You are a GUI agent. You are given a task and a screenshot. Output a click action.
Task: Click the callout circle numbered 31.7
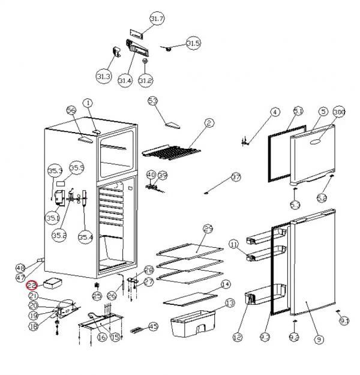pos(157,19)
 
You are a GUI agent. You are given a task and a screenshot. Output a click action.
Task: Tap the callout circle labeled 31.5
pos(193,43)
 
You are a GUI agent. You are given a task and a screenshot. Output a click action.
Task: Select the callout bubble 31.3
pos(103,76)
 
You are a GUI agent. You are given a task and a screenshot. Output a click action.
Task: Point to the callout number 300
pos(339,112)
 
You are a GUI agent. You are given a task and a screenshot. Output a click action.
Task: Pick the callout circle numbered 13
pos(229,304)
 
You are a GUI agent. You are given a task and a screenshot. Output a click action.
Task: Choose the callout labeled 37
pos(236,178)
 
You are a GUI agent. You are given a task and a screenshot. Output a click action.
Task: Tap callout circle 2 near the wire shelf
pos(209,123)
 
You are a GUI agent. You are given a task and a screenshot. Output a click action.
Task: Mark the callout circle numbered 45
pos(153,326)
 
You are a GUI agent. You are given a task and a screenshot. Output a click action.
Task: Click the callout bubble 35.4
pos(86,237)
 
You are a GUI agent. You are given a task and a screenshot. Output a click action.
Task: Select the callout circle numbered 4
pos(275,112)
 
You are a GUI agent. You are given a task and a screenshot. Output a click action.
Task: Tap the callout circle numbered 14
pos(226,284)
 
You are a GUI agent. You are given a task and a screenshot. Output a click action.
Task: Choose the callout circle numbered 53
pos(152,100)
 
